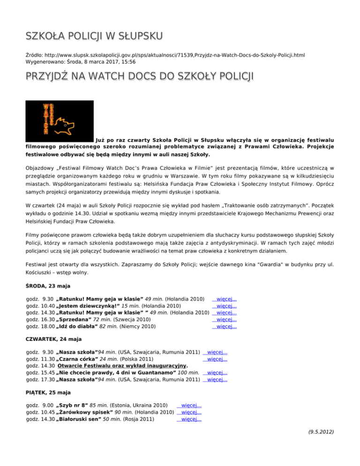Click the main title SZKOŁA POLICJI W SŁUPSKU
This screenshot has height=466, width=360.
(x=94, y=36)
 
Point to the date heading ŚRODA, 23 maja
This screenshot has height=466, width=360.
(x=47, y=286)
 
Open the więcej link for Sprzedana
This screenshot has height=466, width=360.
(x=225, y=319)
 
